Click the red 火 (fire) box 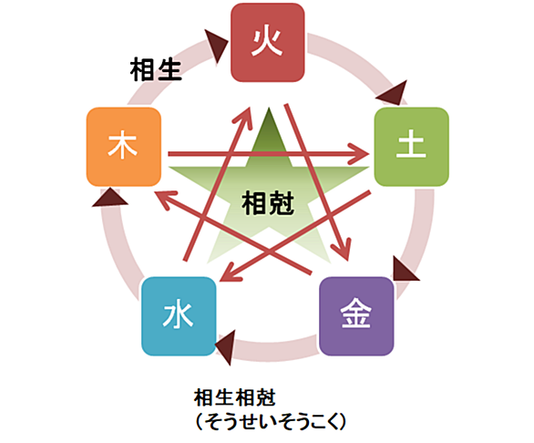click(268, 43)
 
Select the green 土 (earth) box click(411, 147)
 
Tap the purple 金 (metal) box click(356, 316)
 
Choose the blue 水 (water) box click(179, 316)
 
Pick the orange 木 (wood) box click(124, 147)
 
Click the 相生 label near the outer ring click(156, 69)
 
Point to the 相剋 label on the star click(268, 203)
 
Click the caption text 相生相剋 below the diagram click(234, 397)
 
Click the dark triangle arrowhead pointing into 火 click(216, 45)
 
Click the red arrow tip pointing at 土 click(369, 154)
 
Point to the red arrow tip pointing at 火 click(249, 107)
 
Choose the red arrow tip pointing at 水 click(220, 281)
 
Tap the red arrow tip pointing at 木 click(154, 192)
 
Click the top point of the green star click(269, 108)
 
